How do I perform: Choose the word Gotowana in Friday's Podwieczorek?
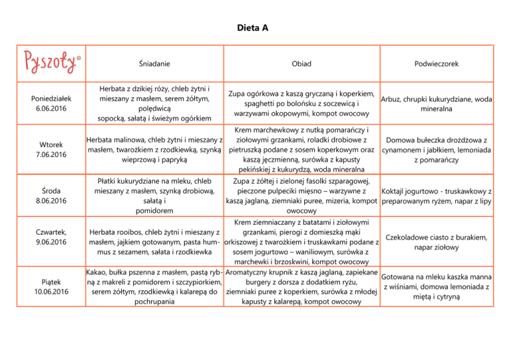(401, 276)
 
